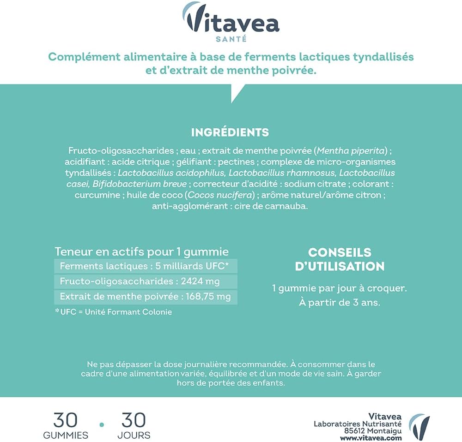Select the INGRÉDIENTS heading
[x=230, y=132]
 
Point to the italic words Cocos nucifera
[x=221, y=195]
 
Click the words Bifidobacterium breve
[x=140, y=184]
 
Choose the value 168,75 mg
[x=209, y=296]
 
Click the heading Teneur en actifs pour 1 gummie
[x=142, y=252]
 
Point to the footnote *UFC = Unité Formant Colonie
[x=113, y=312]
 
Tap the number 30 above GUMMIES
[x=65, y=420]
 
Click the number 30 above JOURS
[x=134, y=420]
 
